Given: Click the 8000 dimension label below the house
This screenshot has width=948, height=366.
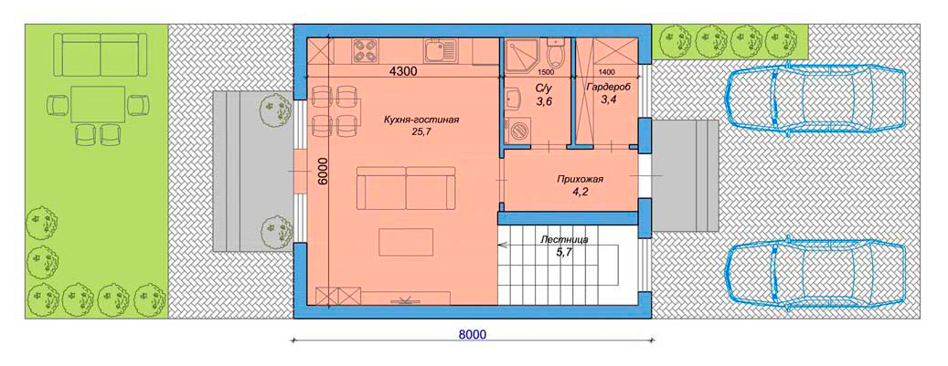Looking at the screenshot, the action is click(473, 334).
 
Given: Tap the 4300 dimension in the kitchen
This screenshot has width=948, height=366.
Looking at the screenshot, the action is click(402, 70).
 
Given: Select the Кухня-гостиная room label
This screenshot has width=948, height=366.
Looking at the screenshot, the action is click(421, 120).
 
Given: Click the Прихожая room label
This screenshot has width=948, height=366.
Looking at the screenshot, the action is click(581, 180).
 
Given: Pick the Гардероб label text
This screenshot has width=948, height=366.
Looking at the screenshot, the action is click(608, 87).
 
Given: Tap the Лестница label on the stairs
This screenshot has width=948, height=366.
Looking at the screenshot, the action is click(564, 240).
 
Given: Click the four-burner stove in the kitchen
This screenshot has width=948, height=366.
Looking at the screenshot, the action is click(367, 49).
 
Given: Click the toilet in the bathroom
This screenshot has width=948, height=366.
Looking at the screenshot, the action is click(555, 53).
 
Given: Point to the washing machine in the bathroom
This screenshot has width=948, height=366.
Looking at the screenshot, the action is click(517, 130).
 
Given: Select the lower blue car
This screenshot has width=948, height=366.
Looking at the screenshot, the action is click(816, 277).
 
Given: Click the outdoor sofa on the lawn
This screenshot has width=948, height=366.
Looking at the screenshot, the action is click(101, 55).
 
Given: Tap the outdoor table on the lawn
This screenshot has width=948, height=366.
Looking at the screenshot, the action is click(98, 104).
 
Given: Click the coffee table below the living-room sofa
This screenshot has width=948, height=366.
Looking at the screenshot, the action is click(406, 242).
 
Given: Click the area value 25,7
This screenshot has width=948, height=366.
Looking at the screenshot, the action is click(422, 131).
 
